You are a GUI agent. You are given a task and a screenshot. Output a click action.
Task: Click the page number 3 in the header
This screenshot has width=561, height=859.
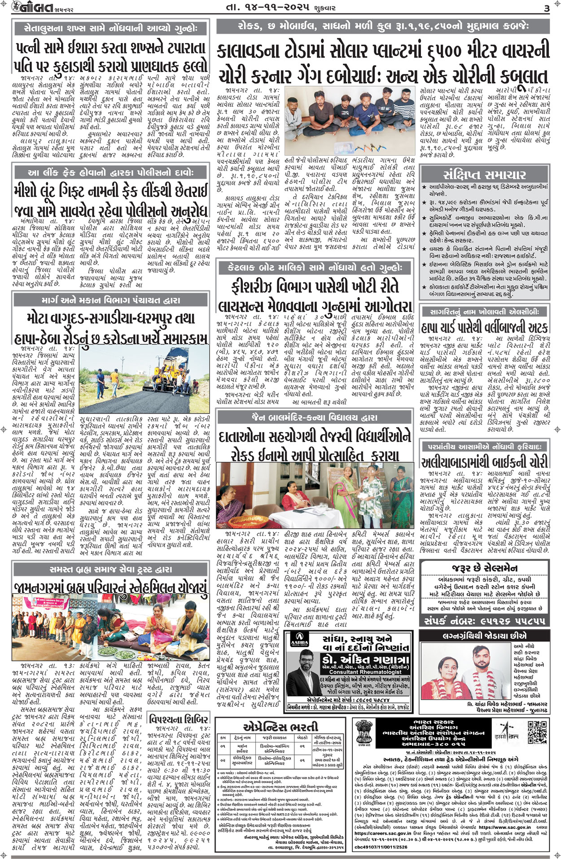546,8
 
